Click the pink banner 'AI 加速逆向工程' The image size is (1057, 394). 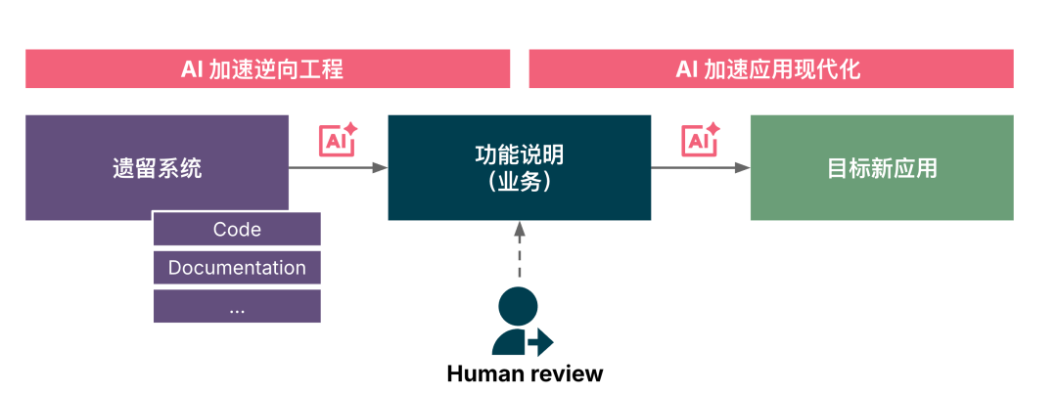(x=267, y=69)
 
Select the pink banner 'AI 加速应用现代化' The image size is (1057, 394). (x=770, y=69)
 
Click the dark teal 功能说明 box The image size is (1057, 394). (x=520, y=167)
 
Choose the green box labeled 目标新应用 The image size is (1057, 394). (x=882, y=167)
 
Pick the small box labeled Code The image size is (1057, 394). (x=237, y=230)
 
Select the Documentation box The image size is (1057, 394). (x=237, y=268)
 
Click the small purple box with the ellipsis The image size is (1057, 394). (x=237, y=306)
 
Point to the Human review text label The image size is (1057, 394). (x=525, y=373)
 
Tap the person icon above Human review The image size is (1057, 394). (x=519, y=323)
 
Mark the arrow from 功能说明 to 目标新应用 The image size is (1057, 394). (x=700, y=168)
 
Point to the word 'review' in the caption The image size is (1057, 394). (x=568, y=373)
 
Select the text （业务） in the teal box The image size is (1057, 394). (x=520, y=182)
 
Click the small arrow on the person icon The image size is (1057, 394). (x=540, y=342)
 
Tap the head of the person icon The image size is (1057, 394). (x=517, y=306)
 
